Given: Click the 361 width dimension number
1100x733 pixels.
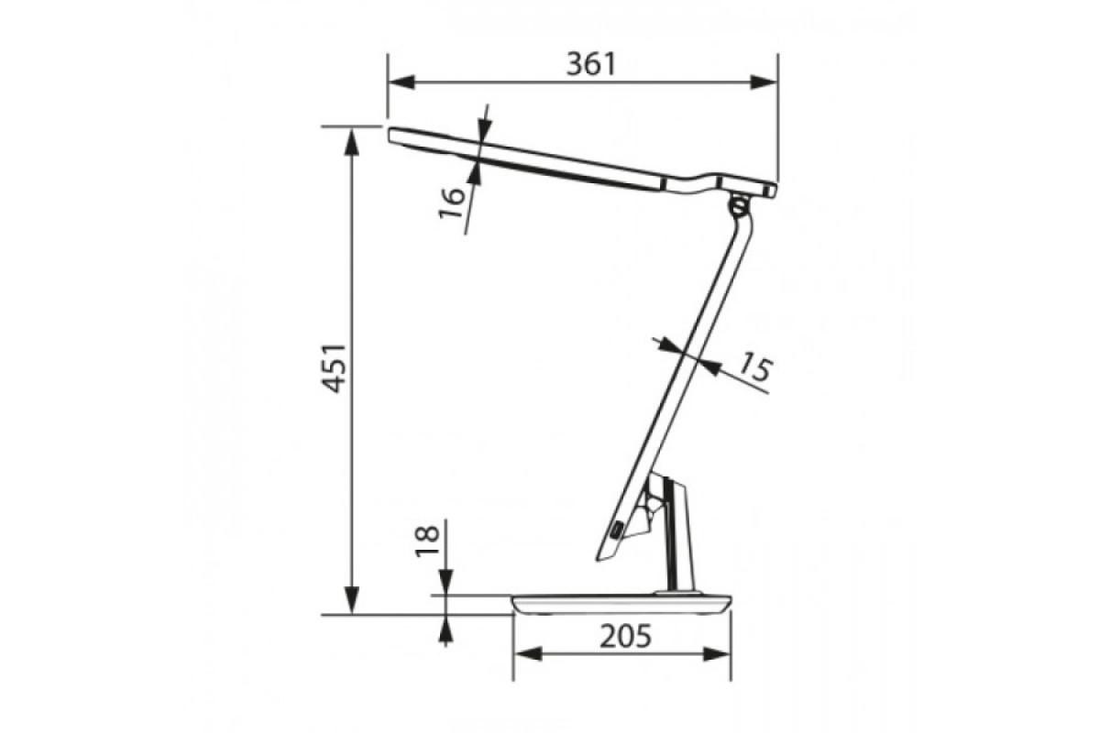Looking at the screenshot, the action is tap(590, 64).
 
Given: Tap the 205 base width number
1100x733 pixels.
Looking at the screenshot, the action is tap(625, 636).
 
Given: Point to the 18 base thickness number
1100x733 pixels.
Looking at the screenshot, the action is tap(427, 541).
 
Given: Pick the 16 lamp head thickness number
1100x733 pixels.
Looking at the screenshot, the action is tap(451, 203).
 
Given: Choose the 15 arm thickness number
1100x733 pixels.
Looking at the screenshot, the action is tap(755, 366).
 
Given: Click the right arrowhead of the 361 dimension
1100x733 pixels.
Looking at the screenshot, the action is tap(764, 82).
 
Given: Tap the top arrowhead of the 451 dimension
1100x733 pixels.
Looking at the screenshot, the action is tap(352, 142).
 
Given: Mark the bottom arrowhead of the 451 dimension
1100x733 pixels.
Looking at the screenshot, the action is tap(352, 600).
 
